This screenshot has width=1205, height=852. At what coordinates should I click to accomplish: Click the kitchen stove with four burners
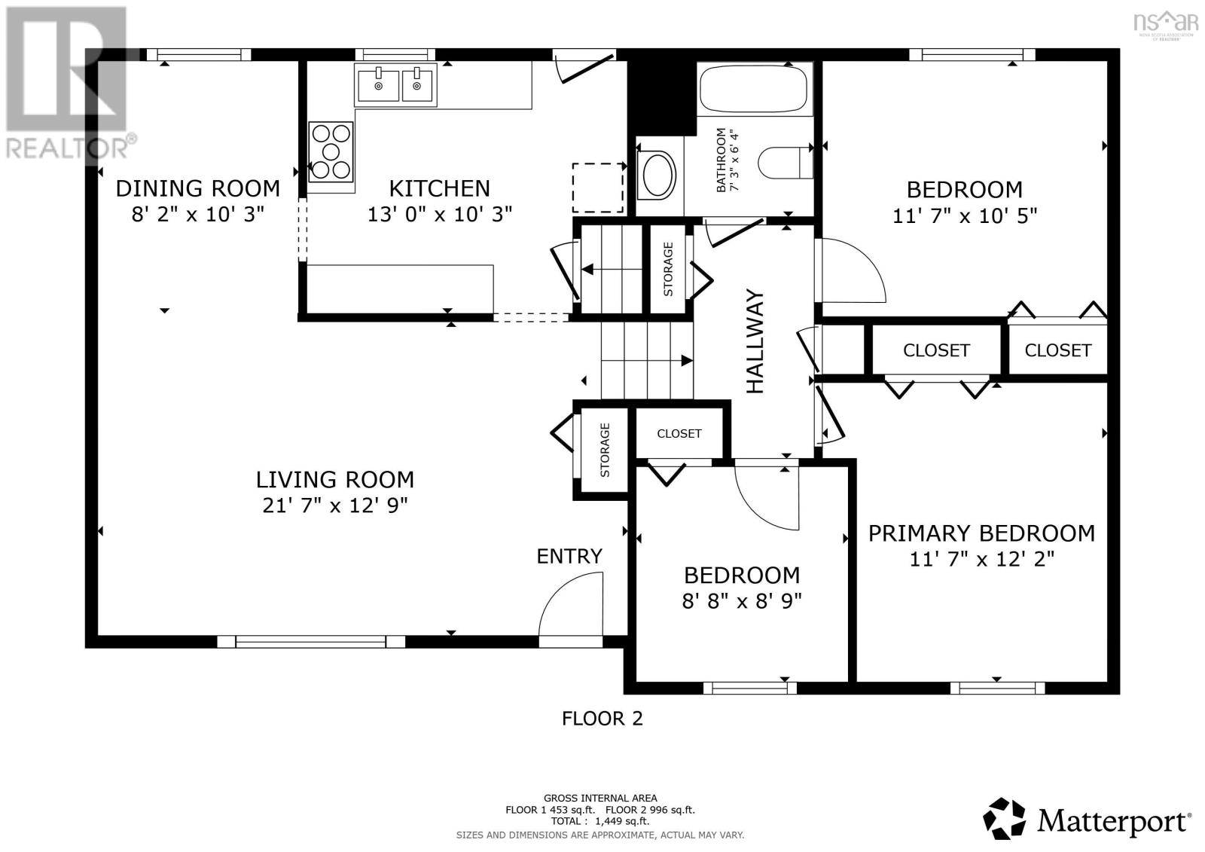(x=331, y=151)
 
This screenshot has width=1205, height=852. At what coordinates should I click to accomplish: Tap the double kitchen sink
(x=395, y=84)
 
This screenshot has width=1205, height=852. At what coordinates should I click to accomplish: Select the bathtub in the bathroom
(x=754, y=90)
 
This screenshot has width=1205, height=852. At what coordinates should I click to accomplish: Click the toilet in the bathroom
(x=786, y=162)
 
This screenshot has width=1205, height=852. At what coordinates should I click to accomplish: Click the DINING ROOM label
(x=198, y=188)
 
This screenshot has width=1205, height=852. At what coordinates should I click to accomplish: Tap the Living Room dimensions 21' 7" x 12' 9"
(x=334, y=505)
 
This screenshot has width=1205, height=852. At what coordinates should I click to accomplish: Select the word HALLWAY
(x=755, y=342)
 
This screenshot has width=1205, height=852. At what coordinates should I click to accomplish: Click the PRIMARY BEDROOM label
(x=982, y=533)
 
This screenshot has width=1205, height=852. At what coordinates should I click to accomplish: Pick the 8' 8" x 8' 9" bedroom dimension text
(x=742, y=600)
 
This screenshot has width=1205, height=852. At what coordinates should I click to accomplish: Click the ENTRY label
(x=569, y=556)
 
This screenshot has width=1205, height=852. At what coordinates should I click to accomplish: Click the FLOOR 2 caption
(x=602, y=719)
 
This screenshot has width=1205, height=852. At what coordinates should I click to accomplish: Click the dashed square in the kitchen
(x=598, y=188)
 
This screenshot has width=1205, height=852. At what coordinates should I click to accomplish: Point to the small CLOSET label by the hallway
(x=679, y=433)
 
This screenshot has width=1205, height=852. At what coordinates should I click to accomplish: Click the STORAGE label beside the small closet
(x=605, y=450)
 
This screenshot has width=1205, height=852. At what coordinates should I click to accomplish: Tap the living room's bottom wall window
(x=311, y=642)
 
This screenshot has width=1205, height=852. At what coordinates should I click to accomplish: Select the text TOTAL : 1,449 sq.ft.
(x=599, y=821)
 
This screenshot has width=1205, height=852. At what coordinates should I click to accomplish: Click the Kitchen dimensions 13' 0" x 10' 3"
(x=440, y=214)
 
